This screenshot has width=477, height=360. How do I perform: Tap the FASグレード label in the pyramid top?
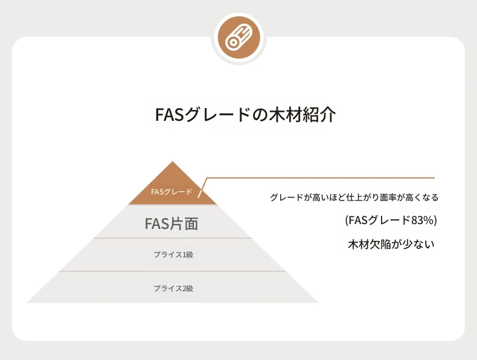click(171, 192)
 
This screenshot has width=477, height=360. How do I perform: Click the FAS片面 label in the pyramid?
click(171, 223)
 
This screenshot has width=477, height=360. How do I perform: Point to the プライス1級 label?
click(173, 254)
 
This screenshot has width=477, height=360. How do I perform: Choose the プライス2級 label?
click(173, 288)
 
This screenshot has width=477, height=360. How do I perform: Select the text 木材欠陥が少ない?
click(391, 245)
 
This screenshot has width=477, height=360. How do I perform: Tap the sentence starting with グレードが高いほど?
click(354, 198)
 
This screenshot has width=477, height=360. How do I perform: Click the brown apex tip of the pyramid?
click(173, 162)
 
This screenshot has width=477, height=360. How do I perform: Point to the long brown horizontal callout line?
click(321, 178)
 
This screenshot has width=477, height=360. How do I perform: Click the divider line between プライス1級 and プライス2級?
click(173, 271)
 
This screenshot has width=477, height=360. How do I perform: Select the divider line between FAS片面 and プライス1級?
click(173, 238)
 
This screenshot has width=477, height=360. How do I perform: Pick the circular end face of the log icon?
click(232, 43)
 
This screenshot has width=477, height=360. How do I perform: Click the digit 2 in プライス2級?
click(184, 288)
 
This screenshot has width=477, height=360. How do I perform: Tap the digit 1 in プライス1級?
click(184, 255)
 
